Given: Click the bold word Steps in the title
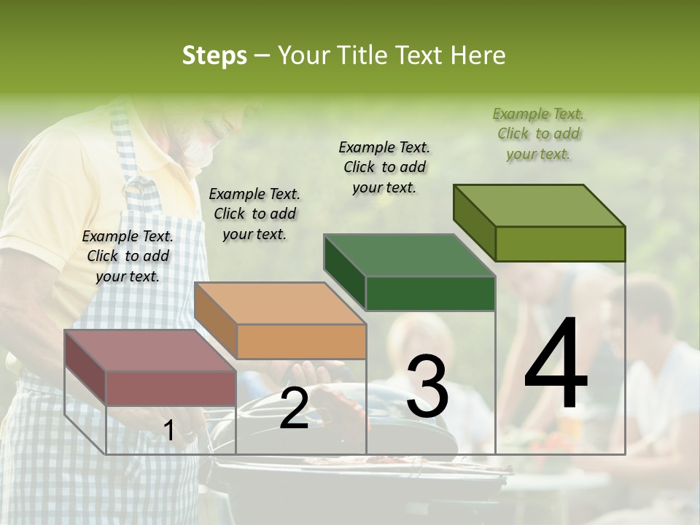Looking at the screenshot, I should pos(214,55).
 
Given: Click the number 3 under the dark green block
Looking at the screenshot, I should pos(427,387).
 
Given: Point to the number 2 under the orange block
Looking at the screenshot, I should pos(294,408).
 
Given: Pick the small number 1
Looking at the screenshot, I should pos(168,431).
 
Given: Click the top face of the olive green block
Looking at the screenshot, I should pos(540,205).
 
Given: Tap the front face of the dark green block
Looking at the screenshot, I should pos(430,294).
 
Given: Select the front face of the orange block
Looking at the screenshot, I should pos(301,341).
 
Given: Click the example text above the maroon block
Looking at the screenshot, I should pos(128,256).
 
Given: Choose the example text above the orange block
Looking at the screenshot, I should pos(254,214).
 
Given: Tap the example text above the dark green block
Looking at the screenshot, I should pos(384,167).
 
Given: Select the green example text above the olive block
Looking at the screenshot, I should pos(538,133).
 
